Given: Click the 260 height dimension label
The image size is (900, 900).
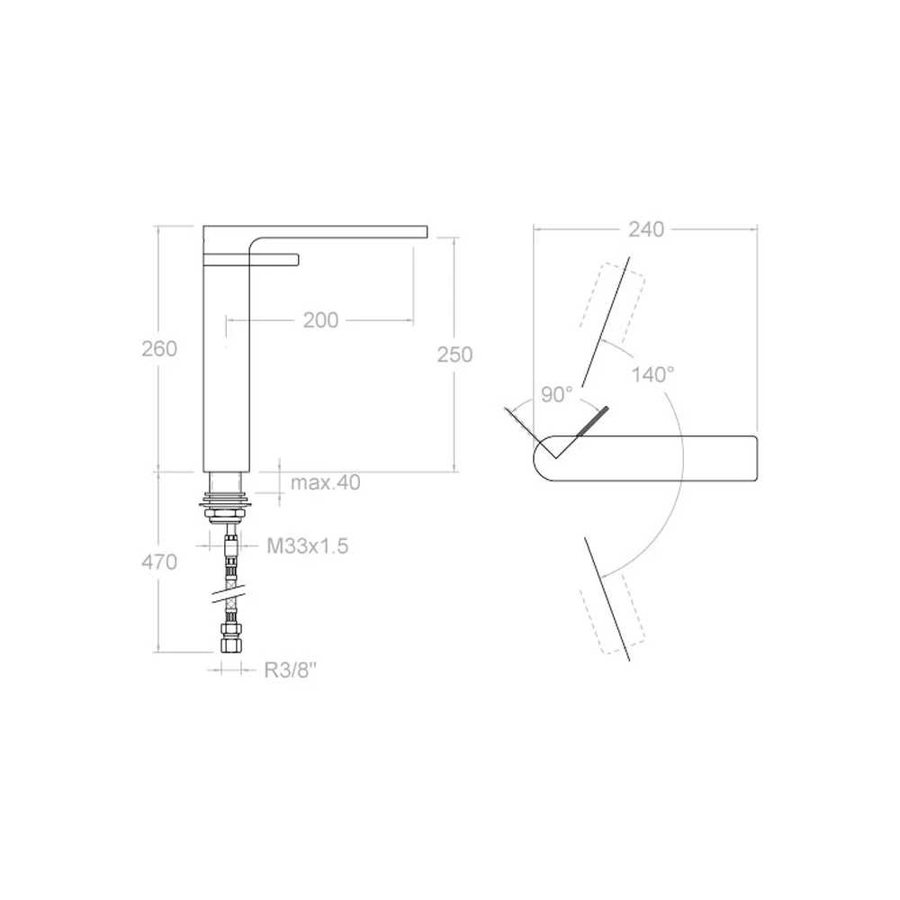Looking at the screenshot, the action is [x=159, y=348].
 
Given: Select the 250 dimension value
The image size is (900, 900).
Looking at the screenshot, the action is [x=454, y=354].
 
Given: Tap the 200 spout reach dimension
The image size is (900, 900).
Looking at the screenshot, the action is [x=321, y=319].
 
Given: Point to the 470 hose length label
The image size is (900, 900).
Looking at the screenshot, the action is [x=159, y=562].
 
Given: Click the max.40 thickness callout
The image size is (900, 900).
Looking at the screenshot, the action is [x=326, y=482].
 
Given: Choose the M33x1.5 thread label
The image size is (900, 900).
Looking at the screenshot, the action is [x=308, y=545].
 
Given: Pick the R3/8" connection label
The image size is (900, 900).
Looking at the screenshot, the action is [x=291, y=670].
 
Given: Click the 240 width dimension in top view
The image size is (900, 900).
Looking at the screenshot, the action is [x=646, y=229].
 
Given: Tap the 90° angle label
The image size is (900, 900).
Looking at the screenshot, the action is [x=557, y=394].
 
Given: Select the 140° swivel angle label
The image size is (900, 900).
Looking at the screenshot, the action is [x=652, y=374].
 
